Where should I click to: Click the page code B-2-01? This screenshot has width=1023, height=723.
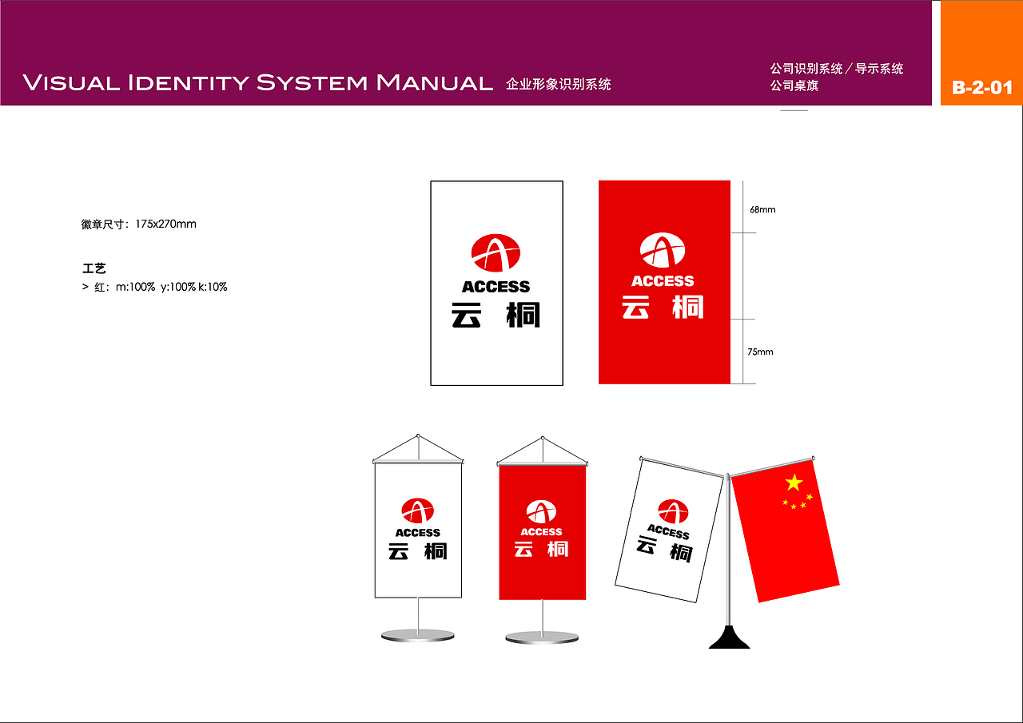982,87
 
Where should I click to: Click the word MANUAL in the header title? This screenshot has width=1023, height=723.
434,82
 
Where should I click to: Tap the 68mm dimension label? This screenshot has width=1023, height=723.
762,210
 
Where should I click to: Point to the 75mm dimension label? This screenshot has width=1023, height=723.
760,352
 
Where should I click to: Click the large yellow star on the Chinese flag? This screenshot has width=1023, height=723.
794,482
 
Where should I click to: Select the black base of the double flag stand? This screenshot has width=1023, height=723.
729,638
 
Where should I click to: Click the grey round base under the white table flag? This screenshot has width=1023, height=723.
418,636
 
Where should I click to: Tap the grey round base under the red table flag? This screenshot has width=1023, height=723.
543,638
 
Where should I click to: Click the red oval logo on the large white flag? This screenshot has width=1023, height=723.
496,253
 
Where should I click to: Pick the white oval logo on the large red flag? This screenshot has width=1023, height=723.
663,250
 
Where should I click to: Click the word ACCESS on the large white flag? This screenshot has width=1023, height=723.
496,287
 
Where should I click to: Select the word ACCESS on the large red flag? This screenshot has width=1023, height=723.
663,281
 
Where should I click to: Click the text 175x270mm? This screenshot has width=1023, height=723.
165,224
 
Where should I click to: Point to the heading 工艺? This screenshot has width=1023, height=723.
94,268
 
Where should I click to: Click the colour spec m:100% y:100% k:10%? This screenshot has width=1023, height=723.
171,287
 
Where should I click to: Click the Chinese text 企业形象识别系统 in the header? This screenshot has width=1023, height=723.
558,84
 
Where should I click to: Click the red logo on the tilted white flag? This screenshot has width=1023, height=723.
672,511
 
